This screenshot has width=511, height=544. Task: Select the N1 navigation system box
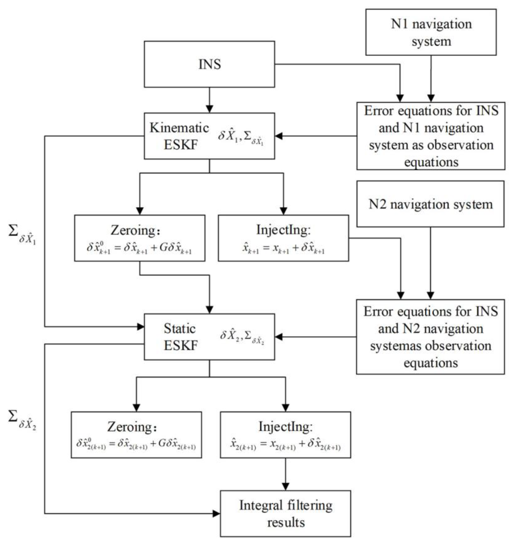(431, 32)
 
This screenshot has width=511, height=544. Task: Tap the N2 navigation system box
(430, 204)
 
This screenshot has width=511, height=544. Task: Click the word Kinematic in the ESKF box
(179, 128)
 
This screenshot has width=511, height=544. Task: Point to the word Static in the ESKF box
(180, 329)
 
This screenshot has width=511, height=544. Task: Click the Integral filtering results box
(285, 513)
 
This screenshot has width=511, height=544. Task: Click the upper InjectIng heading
(283, 230)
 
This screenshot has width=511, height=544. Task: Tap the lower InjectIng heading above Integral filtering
(285, 426)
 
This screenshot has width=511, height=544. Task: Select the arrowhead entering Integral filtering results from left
(216, 514)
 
